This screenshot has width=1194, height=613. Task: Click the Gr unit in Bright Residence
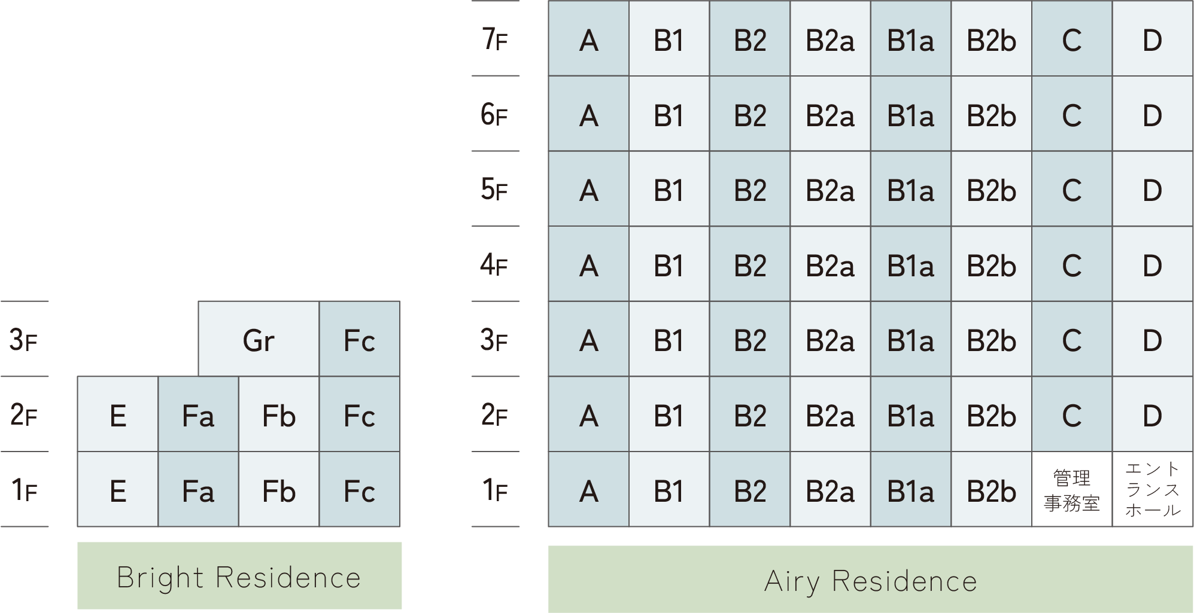[x=259, y=339]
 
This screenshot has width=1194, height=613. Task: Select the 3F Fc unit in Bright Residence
[x=360, y=339]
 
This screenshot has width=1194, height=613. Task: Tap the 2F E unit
[x=118, y=414]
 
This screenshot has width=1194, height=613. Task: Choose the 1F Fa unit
[x=198, y=489]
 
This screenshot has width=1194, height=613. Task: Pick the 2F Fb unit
[x=279, y=414]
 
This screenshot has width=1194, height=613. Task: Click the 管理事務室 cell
[x=1072, y=489]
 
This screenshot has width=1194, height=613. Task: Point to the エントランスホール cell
[x=1153, y=489]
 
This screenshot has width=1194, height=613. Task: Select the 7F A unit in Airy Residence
[x=589, y=38]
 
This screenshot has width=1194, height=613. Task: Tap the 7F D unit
[x=1153, y=38]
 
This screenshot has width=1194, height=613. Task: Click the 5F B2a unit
[x=830, y=188]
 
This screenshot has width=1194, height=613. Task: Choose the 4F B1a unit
[x=911, y=264]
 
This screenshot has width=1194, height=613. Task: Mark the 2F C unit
[x=1072, y=414]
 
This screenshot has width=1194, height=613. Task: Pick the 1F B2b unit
[x=992, y=489]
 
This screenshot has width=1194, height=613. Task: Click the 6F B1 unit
[x=669, y=114]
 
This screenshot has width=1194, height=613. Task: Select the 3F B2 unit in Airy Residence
[x=750, y=339]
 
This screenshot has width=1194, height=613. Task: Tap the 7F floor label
[x=495, y=39]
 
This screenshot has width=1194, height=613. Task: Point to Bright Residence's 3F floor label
[x=24, y=340]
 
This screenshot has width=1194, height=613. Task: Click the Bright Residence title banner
[x=239, y=576]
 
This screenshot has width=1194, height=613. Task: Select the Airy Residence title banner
[x=871, y=579]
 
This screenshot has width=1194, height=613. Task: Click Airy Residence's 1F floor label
[x=495, y=490]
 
